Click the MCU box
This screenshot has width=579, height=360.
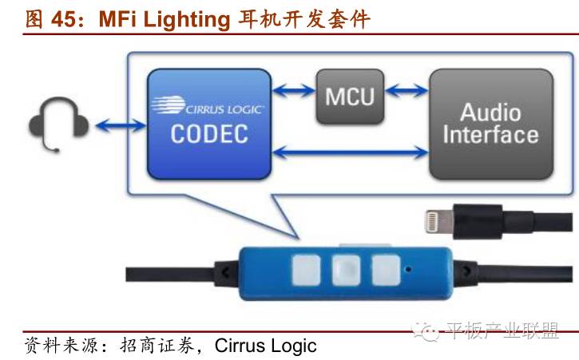[349, 96]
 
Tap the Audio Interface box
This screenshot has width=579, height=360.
[490, 123]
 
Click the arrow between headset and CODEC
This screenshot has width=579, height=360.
[120, 125]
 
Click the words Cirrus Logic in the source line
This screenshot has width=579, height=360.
[271, 346]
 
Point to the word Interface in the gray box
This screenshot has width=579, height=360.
[490, 134]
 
